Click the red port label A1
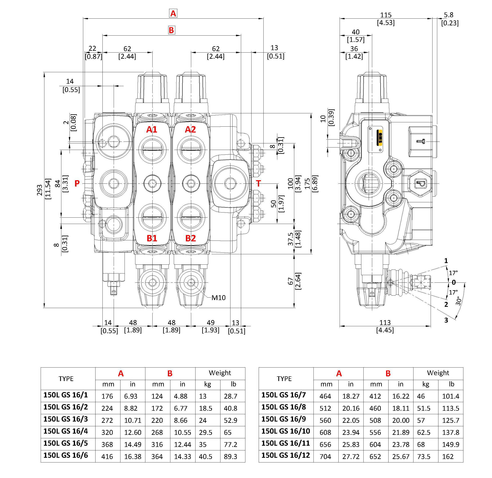tap(152, 129)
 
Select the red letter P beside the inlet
tap(77, 183)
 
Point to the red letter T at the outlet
tap(258, 183)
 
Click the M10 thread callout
tap(218, 298)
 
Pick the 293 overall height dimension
tap(40, 190)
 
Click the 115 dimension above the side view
tap(386, 15)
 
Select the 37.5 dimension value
tap(290, 239)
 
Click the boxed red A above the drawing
tap(173, 13)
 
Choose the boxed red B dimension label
tap(171, 30)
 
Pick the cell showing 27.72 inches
tap(351, 456)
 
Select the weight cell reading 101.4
tap(450, 396)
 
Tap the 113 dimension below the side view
tap(385, 323)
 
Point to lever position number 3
tap(446, 320)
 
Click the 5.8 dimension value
tap(449, 15)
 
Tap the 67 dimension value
tap(290, 281)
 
